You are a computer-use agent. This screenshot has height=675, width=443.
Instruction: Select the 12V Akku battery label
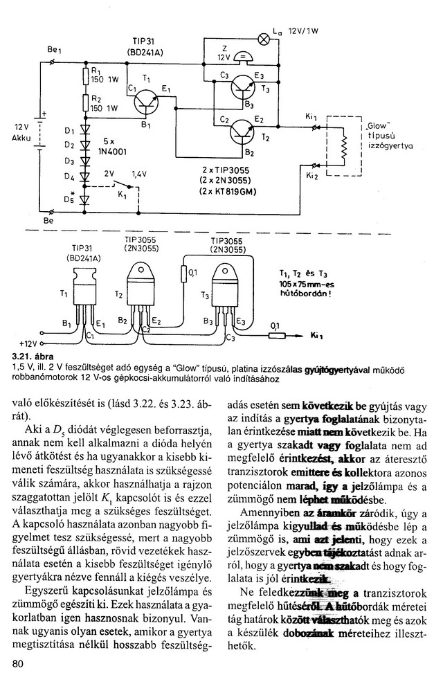tap(21, 133)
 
